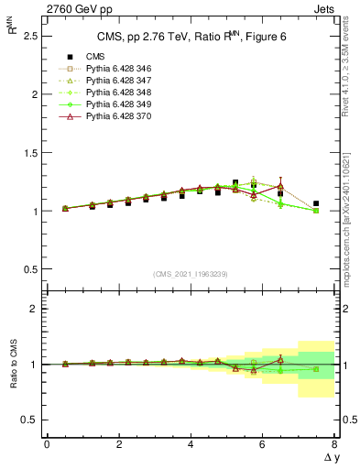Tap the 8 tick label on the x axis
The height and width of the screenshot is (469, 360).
pos(334,444)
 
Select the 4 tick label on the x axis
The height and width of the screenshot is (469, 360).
pos(191,444)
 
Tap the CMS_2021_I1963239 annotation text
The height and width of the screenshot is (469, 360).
pos(190,274)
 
